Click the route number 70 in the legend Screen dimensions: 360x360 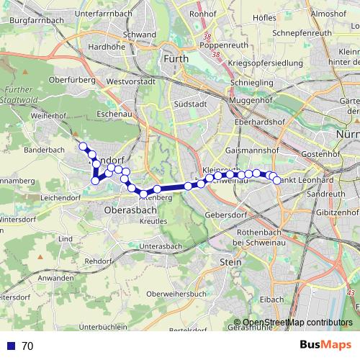(x=28, y=346)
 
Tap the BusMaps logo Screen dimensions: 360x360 (x=320, y=346)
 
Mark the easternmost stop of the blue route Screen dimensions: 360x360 (x=276, y=180)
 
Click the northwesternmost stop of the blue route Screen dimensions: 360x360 (x=83, y=147)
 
